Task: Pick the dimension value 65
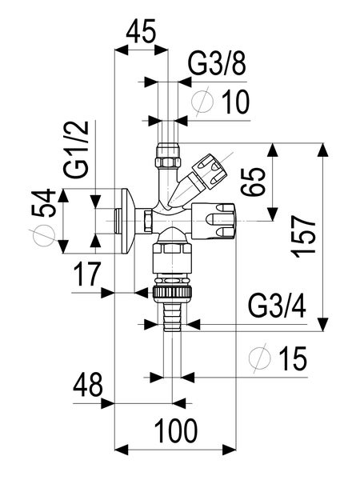click(x=254, y=182)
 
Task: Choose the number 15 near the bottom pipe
click(x=294, y=359)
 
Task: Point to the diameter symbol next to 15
click(x=258, y=359)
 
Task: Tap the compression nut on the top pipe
click(x=168, y=151)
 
